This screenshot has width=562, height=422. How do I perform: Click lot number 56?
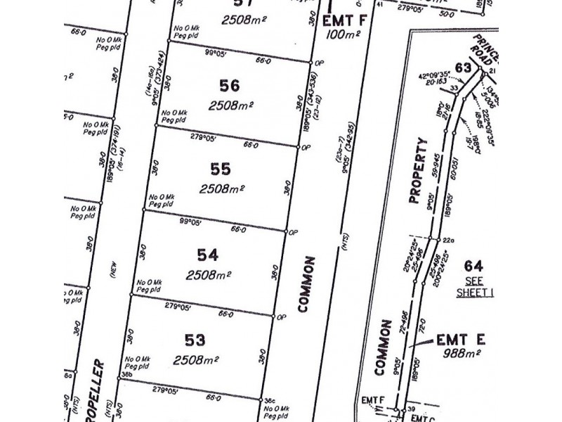click(229, 86)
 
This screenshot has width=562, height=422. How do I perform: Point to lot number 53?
click(195, 340)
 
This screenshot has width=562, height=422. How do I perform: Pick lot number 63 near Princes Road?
click(462, 68)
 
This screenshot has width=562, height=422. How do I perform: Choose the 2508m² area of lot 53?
click(196, 359)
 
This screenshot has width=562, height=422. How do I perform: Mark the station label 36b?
click(126, 374)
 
